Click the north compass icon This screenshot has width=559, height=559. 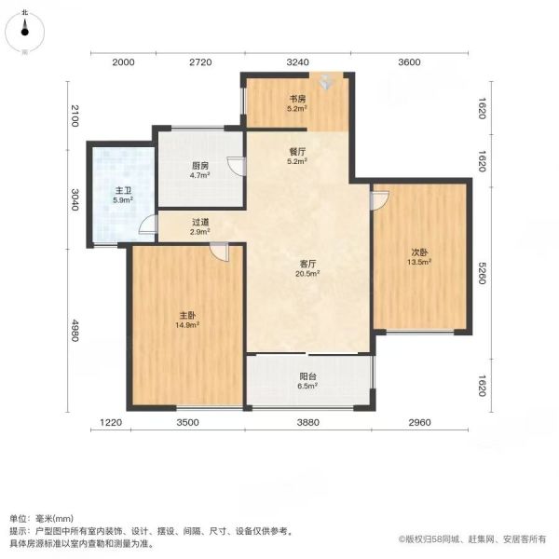(24, 32)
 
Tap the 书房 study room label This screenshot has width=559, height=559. (297, 99)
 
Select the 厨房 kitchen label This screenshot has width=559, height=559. (200, 166)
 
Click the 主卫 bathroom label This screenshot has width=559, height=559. (123, 191)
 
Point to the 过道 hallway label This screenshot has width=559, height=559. (200, 222)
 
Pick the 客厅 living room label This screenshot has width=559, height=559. (307, 265)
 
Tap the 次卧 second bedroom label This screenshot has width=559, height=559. (419, 252)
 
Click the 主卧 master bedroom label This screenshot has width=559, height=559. (187, 316)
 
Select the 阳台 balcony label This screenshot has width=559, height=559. (307, 376)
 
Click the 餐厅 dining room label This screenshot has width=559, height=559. (297, 152)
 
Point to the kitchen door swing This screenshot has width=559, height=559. (236, 166)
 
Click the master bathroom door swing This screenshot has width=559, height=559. (148, 225)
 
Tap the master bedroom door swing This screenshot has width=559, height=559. (219, 252)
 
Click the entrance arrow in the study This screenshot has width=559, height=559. (325, 82)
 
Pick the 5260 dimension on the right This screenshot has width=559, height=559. (482, 273)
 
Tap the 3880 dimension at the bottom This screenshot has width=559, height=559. (308, 422)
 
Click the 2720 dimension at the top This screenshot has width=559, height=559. (200, 62)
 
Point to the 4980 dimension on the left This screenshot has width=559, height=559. (75, 331)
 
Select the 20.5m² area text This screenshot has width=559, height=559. (307, 274)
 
